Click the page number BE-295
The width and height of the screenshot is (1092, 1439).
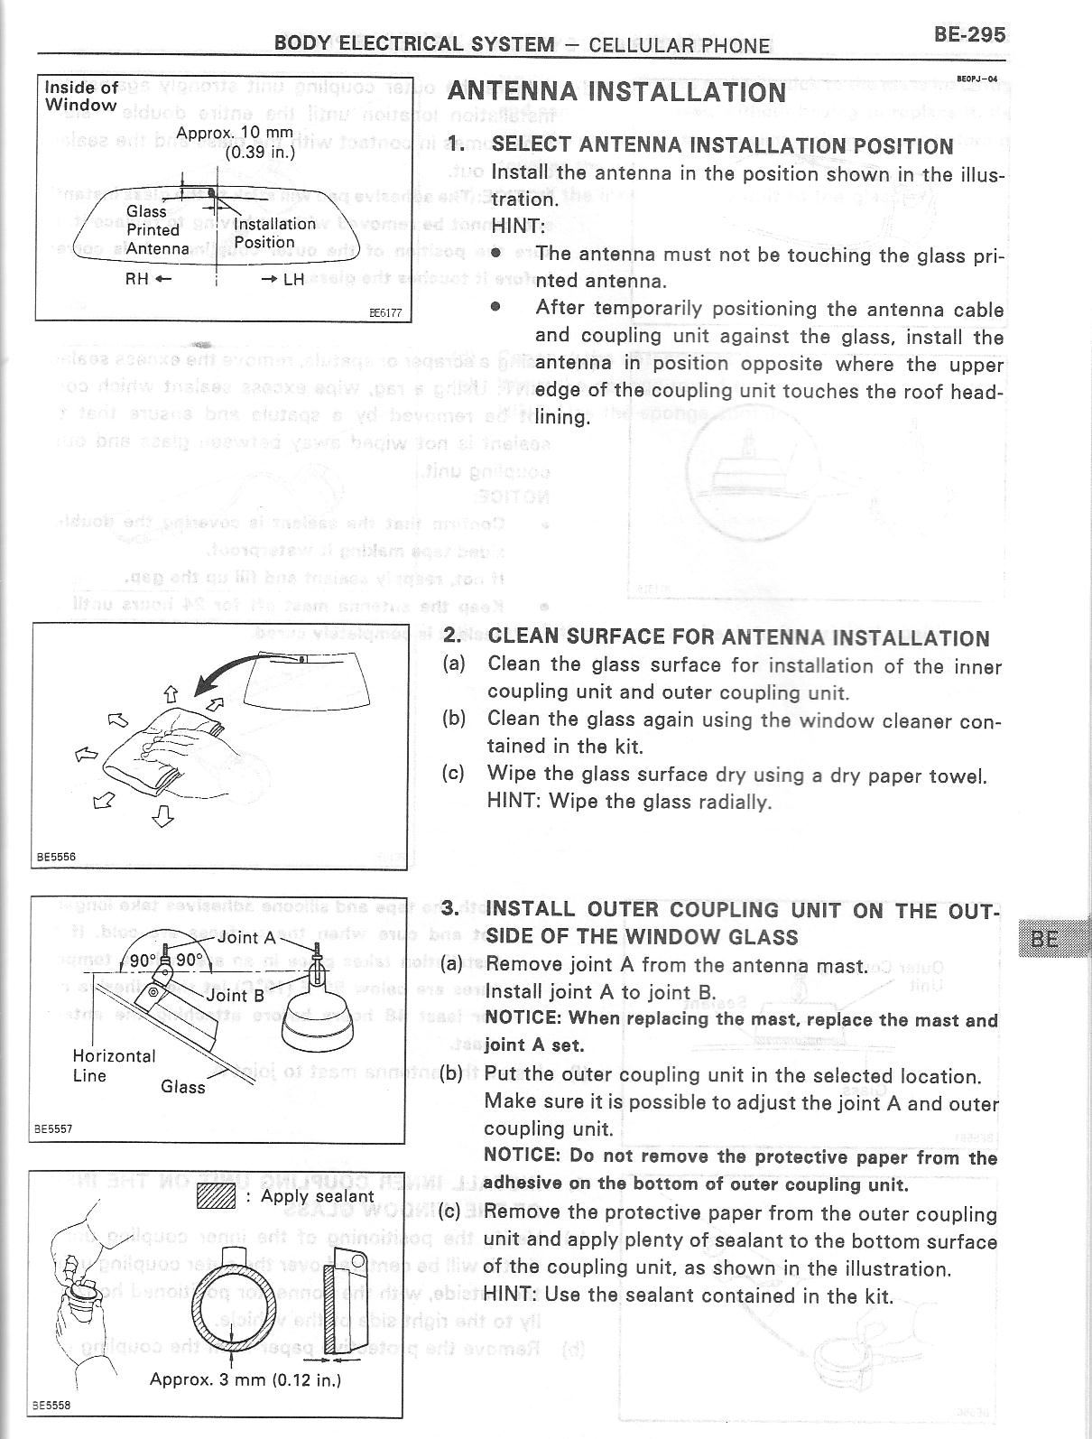(969, 35)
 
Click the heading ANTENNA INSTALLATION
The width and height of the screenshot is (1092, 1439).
(616, 92)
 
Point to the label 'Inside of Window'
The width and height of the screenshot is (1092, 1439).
(81, 96)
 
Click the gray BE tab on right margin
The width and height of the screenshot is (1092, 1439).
(1050, 938)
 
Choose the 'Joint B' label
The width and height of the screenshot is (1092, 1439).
(236, 995)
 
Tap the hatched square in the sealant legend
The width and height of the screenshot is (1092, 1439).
(215, 1196)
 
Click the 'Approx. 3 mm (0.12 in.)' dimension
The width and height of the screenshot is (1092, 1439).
(245, 1379)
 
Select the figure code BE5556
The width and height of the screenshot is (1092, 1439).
(55, 858)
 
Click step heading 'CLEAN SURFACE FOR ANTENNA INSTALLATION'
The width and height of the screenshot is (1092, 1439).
(738, 638)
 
